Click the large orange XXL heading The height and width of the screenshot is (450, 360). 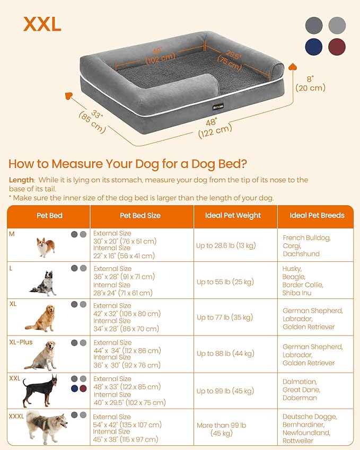(42, 24)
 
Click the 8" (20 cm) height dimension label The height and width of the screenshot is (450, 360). (310, 83)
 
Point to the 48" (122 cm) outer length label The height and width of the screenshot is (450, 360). (214, 128)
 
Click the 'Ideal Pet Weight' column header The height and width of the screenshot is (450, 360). (233, 216)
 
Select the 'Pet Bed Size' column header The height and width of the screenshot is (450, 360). (140, 216)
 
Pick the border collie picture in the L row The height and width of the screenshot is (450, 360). (43, 283)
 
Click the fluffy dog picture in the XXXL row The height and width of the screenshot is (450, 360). (47, 427)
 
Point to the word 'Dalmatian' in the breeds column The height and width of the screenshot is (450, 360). (300, 382)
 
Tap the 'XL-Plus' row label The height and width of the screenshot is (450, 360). (21, 342)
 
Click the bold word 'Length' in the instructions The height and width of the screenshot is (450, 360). (21, 180)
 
